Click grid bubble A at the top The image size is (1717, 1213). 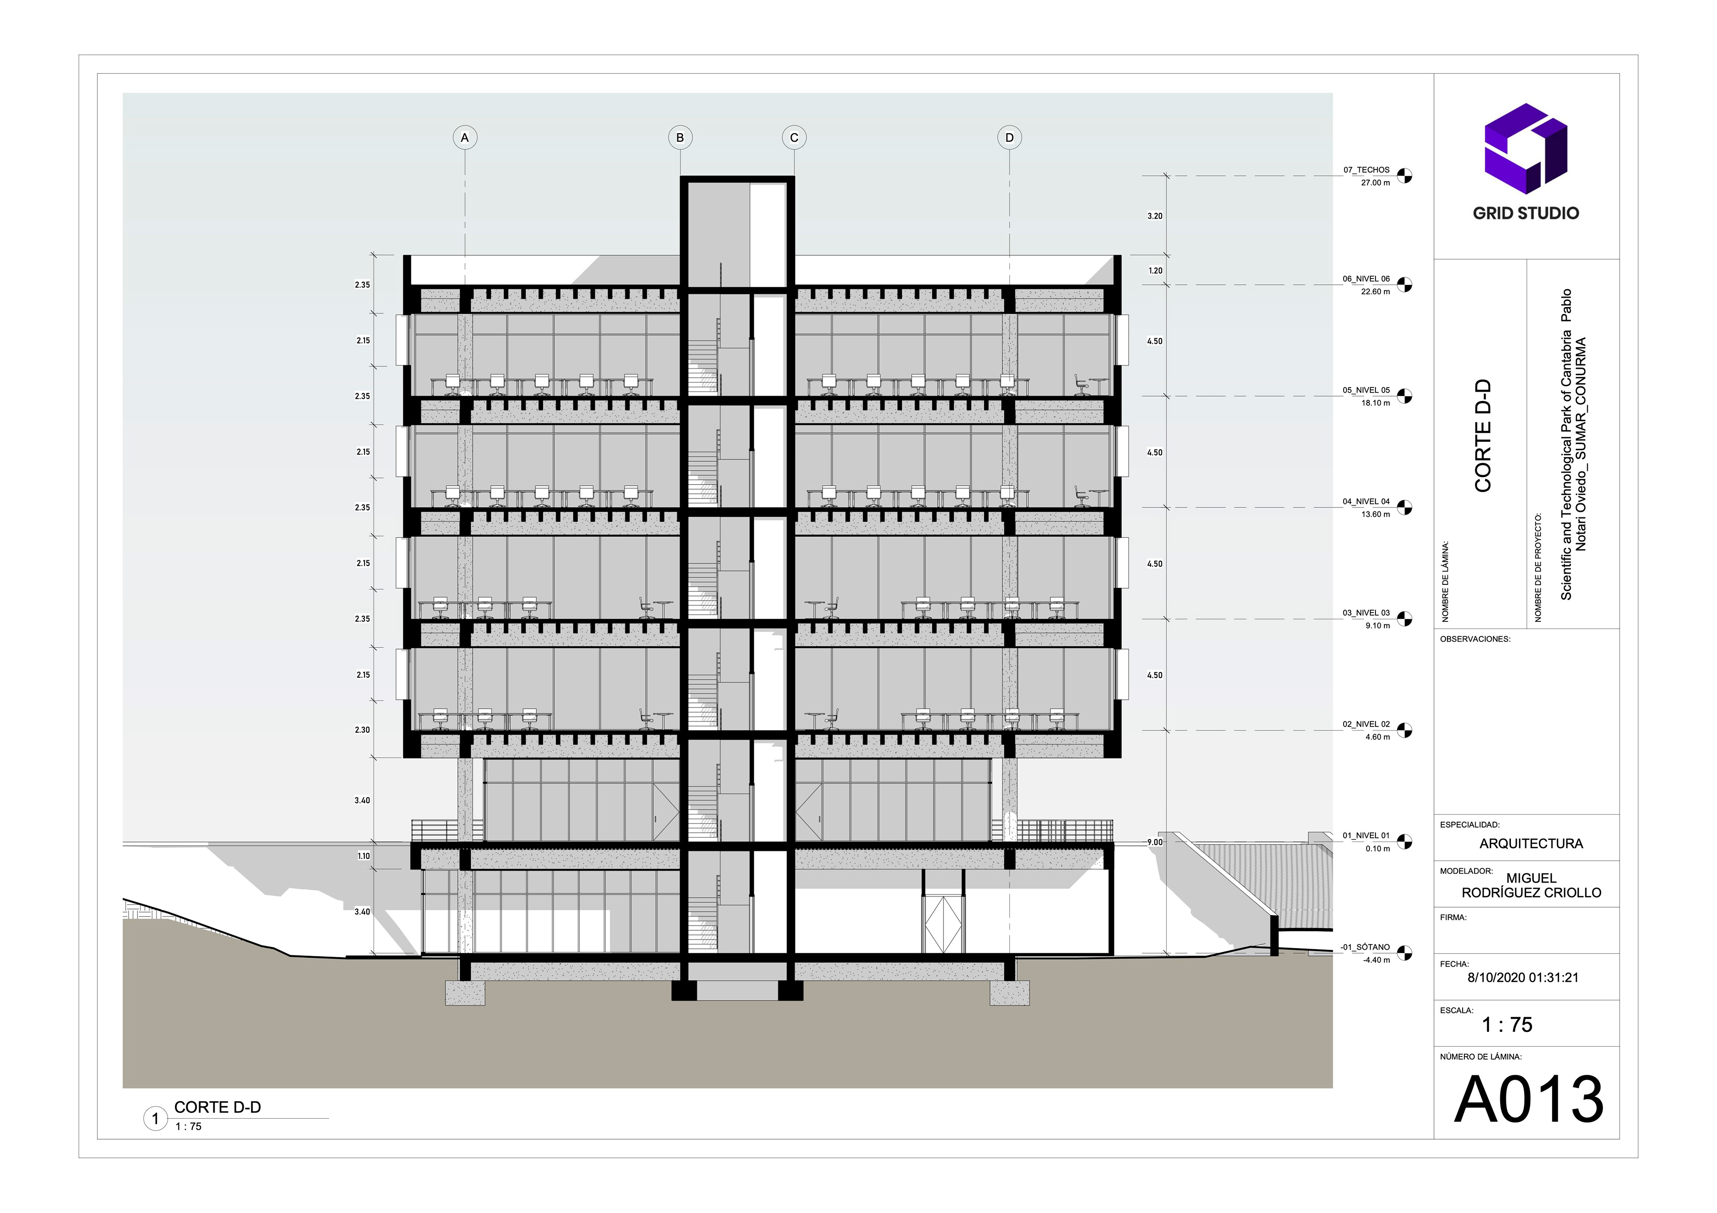point(465,138)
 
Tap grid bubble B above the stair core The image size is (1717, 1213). point(680,138)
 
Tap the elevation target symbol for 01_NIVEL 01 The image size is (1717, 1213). point(1404,841)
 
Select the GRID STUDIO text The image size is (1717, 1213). point(1526,213)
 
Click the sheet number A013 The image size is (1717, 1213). point(1529,1099)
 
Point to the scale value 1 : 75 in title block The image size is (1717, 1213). point(1507,1024)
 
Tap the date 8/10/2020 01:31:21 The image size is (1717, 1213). point(1522,977)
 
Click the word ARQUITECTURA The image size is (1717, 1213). point(1531,844)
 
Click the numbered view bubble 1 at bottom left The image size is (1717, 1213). point(156,1119)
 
